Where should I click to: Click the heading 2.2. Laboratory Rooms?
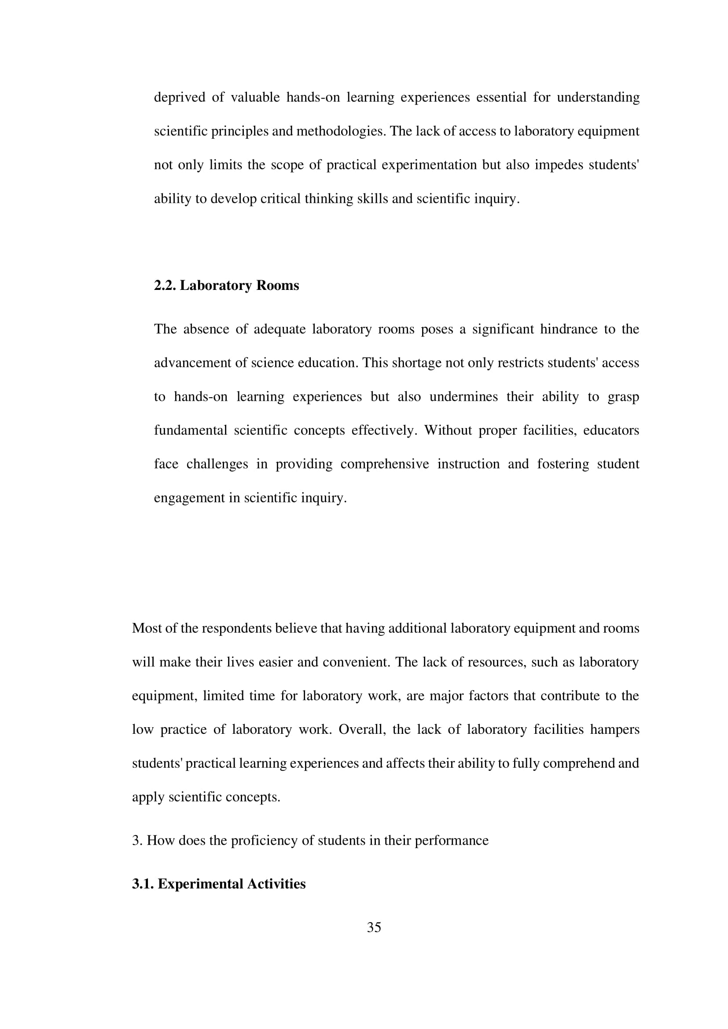(226, 286)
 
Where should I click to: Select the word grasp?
(623, 397)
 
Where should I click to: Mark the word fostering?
(563, 464)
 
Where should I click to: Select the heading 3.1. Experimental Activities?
(219, 884)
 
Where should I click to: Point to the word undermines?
(463, 397)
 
